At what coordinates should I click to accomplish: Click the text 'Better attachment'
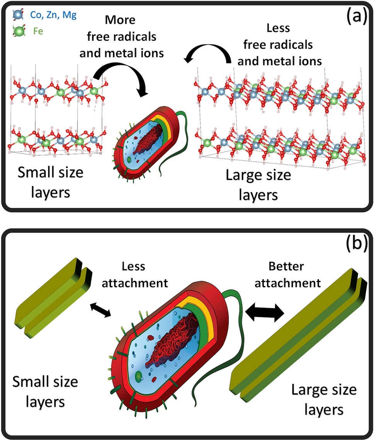[x=293, y=275]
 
